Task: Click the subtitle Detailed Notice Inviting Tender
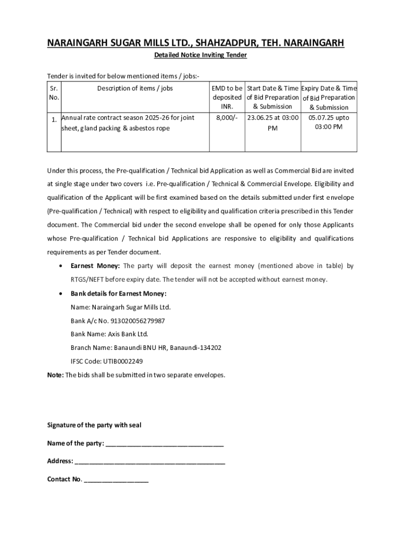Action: click(200, 55)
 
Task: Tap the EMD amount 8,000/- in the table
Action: click(227, 118)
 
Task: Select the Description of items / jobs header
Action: click(135, 88)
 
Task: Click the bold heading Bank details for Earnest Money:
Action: click(119, 294)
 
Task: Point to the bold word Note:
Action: click(55, 374)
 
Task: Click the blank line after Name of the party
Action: click(165, 444)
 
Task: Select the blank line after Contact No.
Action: click(116, 479)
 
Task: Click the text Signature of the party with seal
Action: click(94, 425)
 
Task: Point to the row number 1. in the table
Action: click(54, 120)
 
